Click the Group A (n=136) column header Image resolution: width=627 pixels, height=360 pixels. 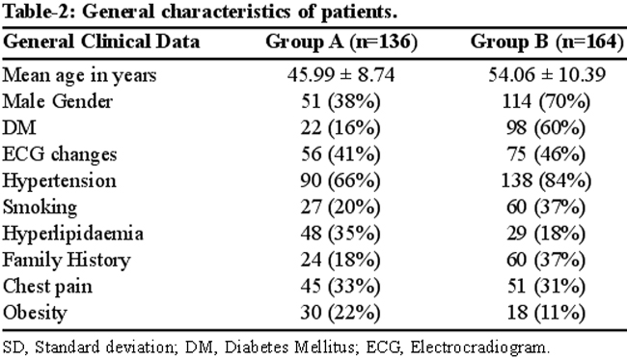tap(341, 42)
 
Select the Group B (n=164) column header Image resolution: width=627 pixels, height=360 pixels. tap(547, 42)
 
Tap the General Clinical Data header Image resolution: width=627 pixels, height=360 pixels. tap(101, 42)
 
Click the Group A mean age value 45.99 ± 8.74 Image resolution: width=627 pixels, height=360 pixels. tap(341, 75)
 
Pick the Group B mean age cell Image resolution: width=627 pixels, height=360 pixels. tap(547, 75)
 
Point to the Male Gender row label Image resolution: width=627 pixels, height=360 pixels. tap(58, 101)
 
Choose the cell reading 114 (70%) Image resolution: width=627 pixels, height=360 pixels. tap(546, 101)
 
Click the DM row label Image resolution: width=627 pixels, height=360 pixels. tap(19, 128)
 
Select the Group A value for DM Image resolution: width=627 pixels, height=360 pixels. tap(341, 128)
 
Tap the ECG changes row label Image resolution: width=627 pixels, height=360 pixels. tap(60, 154)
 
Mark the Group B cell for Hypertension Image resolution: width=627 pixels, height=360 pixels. tap(546, 180)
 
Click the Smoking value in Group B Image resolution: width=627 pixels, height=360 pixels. tap(546, 208)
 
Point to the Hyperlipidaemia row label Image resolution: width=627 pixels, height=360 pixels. tap(72, 234)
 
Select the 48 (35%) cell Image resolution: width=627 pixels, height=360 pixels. tap(341, 234)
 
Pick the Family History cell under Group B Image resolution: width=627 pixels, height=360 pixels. tap(546, 260)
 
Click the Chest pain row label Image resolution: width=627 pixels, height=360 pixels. tap(47, 287)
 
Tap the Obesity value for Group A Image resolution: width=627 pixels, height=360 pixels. tap(341, 313)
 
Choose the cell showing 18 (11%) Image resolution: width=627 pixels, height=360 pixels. tap(546, 313)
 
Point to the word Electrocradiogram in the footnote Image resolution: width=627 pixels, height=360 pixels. tap(479, 347)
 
